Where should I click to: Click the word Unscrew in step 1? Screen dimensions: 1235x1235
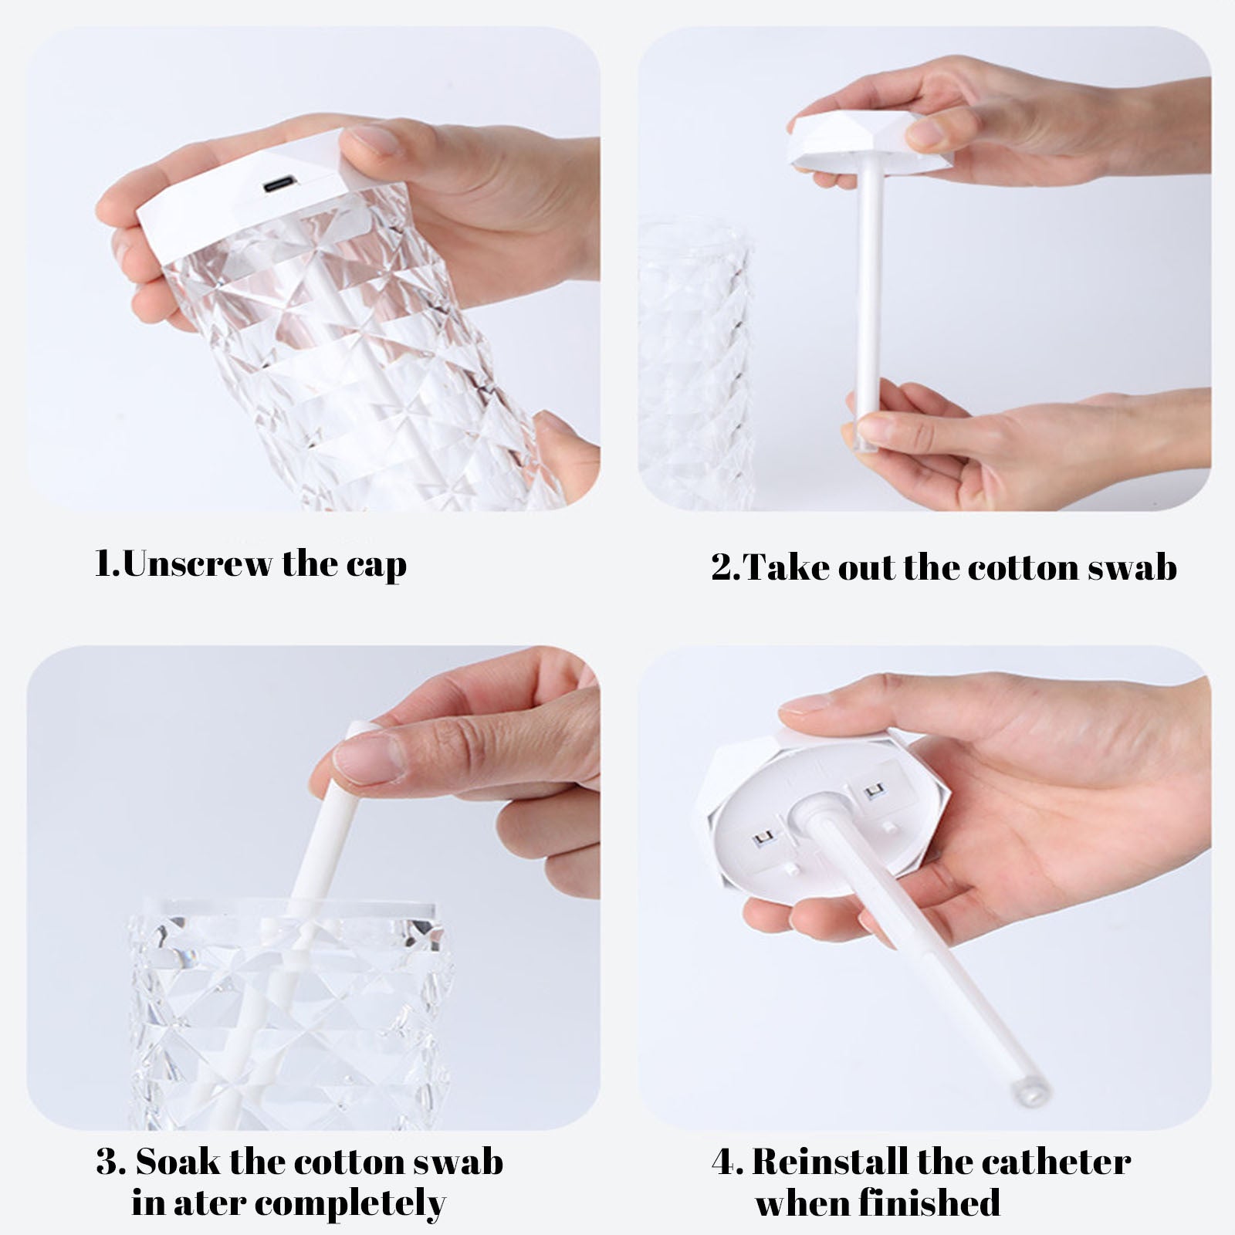click(198, 564)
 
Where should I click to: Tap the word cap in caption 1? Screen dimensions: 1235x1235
click(376, 566)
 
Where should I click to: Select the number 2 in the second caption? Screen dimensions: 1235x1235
click(722, 568)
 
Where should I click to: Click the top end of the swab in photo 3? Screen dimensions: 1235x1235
click(360, 729)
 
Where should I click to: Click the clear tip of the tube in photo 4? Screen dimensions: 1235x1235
click(1030, 1091)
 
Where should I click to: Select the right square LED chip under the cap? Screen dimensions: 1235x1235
click(874, 791)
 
